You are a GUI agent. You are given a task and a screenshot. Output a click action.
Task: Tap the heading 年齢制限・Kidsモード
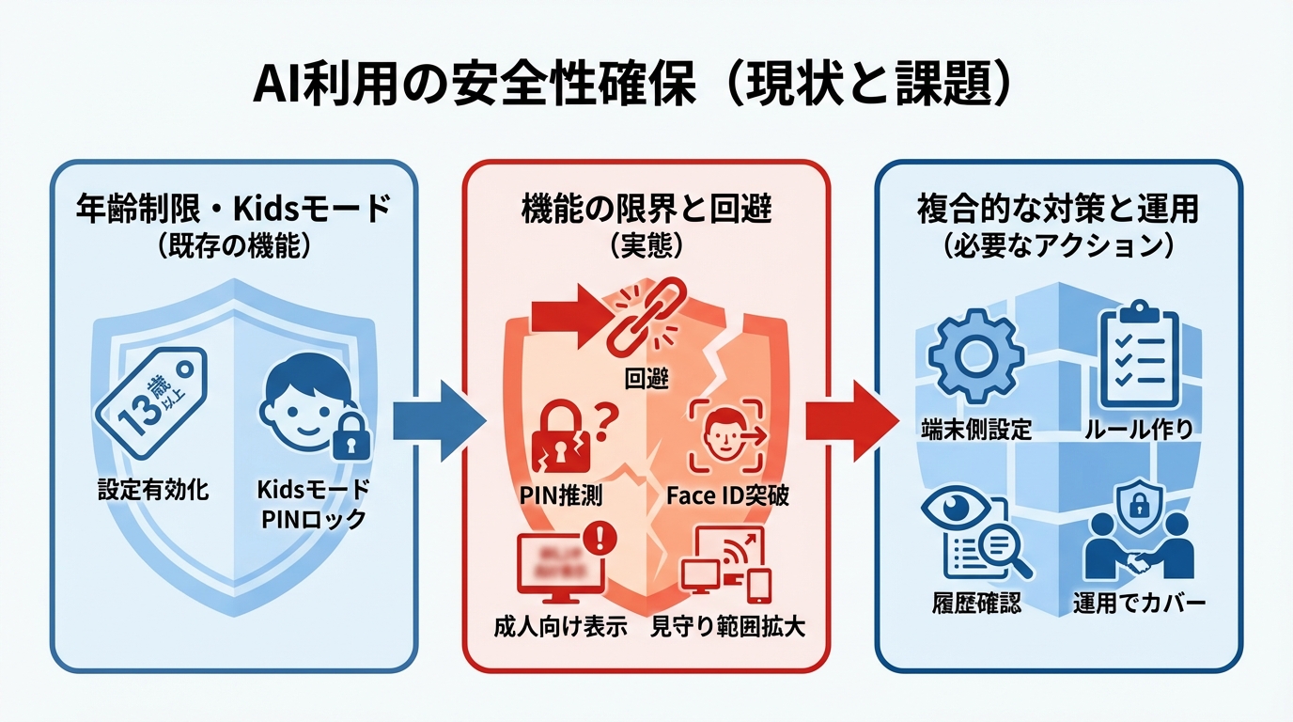233,209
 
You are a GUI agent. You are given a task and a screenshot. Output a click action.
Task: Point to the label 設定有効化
153,490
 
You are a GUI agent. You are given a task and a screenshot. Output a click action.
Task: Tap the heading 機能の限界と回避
646,209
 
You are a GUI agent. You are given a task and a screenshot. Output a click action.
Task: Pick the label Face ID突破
727,495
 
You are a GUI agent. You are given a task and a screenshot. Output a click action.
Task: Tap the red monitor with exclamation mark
561,566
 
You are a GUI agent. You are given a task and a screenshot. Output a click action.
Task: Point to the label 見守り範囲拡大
727,628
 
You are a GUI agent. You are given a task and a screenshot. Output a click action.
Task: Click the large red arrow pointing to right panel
845,419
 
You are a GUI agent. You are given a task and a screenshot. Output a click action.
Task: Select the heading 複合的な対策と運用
1057,209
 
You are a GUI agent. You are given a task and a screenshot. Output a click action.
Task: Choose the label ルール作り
1138,431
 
